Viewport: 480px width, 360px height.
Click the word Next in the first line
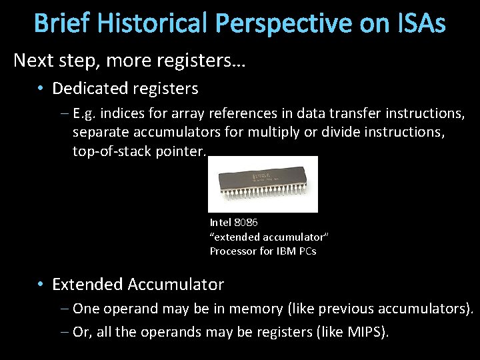pyautogui.click(x=31, y=61)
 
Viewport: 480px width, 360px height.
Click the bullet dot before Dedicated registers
pyautogui.click(x=41, y=89)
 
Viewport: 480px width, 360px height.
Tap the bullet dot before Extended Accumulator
pyautogui.click(x=41, y=285)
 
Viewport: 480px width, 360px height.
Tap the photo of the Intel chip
pyautogui.click(x=268, y=184)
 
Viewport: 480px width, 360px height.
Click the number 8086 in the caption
pyautogui.click(x=246, y=222)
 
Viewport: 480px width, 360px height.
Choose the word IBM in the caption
pyautogui.click(x=283, y=251)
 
